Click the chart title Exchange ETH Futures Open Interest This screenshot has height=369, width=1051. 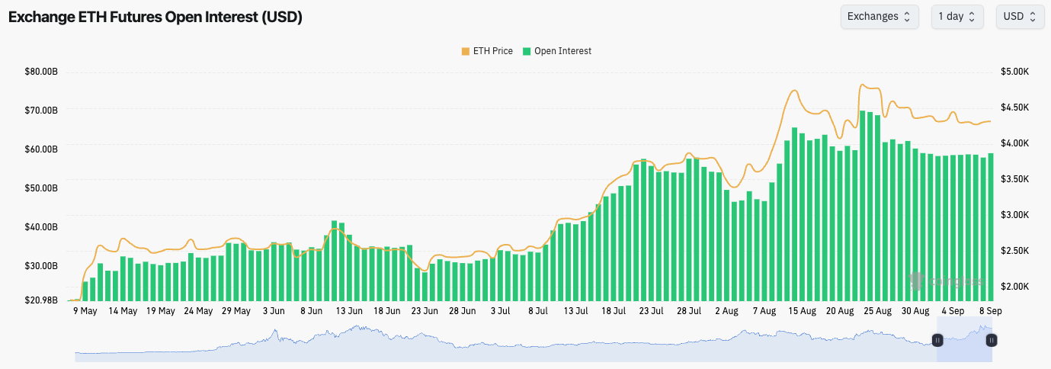(x=155, y=18)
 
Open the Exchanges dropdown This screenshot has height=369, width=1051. (x=879, y=17)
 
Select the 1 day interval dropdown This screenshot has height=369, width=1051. (x=957, y=17)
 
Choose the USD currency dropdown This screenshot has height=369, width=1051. (x=1020, y=17)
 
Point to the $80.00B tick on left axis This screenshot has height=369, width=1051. (x=42, y=72)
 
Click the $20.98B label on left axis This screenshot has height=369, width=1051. (x=42, y=300)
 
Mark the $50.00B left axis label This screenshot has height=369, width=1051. (x=42, y=188)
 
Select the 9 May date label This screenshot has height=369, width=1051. (x=85, y=311)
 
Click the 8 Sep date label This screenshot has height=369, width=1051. (x=991, y=311)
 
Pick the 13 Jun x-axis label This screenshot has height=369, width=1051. (x=349, y=311)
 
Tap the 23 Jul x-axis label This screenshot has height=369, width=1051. (x=651, y=311)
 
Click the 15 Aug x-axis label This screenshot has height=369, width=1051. (x=802, y=311)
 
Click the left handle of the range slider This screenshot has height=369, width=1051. (x=938, y=340)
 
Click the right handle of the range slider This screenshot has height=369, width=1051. (x=992, y=340)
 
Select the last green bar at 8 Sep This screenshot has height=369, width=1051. (x=991, y=229)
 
